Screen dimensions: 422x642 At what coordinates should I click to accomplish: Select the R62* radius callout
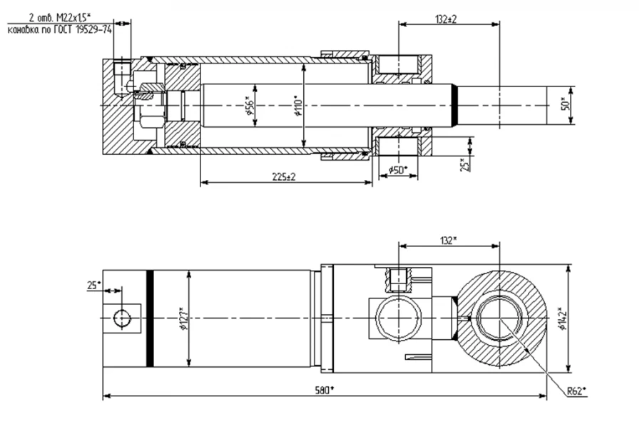576,391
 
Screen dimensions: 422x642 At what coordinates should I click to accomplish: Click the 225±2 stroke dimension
286,177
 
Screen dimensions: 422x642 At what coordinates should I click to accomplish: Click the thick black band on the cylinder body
149,317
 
